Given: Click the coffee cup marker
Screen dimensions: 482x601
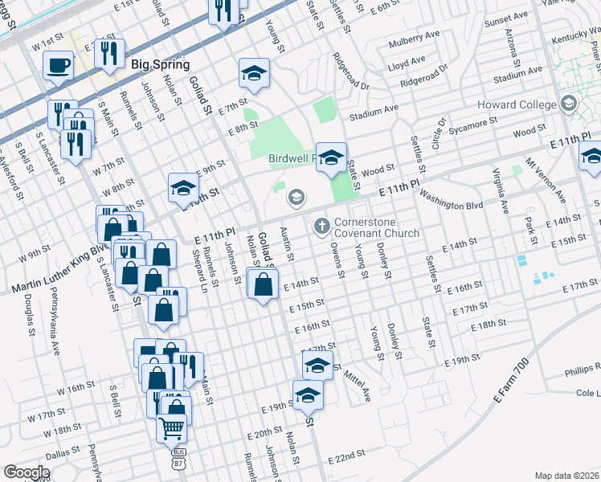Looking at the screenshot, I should click(58, 65).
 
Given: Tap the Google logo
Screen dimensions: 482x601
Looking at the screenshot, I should click(27, 472).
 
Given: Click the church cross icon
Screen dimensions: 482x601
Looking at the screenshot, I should click(321, 226).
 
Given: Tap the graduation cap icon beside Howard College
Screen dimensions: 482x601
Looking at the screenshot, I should click(569, 103).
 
